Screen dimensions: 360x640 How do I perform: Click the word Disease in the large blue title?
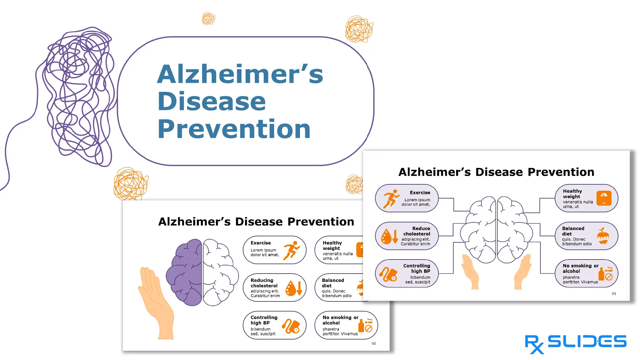pyautogui.click(x=211, y=101)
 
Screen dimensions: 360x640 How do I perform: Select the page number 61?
pyautogui.click(x=614, y=293)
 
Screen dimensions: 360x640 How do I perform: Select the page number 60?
pyautogui.click(x=374, y=343)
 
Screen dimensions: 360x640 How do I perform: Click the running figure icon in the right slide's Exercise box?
pyautogui.click(x=391, y=198)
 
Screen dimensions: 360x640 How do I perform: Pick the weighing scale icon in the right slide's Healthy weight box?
pyautogui.click(x=604, y=198)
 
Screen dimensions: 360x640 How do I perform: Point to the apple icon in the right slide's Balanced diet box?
pyautogui.click(x=603, y=236)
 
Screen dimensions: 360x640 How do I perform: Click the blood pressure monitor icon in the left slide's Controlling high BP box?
pyautogui.click(x=291, y=326)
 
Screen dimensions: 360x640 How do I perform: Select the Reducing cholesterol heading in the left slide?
pyautogui.click(x=264, y=283)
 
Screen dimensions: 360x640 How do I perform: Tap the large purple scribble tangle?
pyautogui.click(x=80, y=96)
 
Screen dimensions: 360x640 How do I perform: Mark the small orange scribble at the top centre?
pyautogui.click(x=208, y=19)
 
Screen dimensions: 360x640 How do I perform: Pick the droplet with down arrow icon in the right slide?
pyautogui.click(x=389, y=236)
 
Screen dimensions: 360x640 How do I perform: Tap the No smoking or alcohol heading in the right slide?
pyautogui.click(x=580, y=268)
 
